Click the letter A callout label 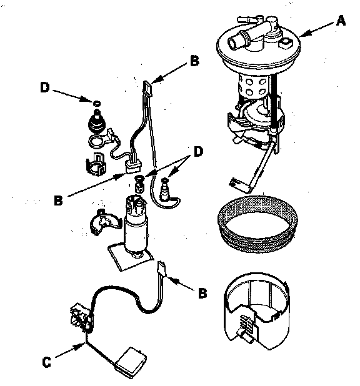(341, 21)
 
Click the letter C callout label (46, 362)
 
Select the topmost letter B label (194, 61)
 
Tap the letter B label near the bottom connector (202, 293)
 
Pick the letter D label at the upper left (45, 87)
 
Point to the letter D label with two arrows (198, 151)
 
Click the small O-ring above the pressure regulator (97, 103)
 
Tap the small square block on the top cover (286, 43)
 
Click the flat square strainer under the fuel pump (130, 257)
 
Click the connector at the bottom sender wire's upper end (162, 267)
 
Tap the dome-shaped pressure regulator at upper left (97, 122)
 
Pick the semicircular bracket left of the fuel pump (105, 222)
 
